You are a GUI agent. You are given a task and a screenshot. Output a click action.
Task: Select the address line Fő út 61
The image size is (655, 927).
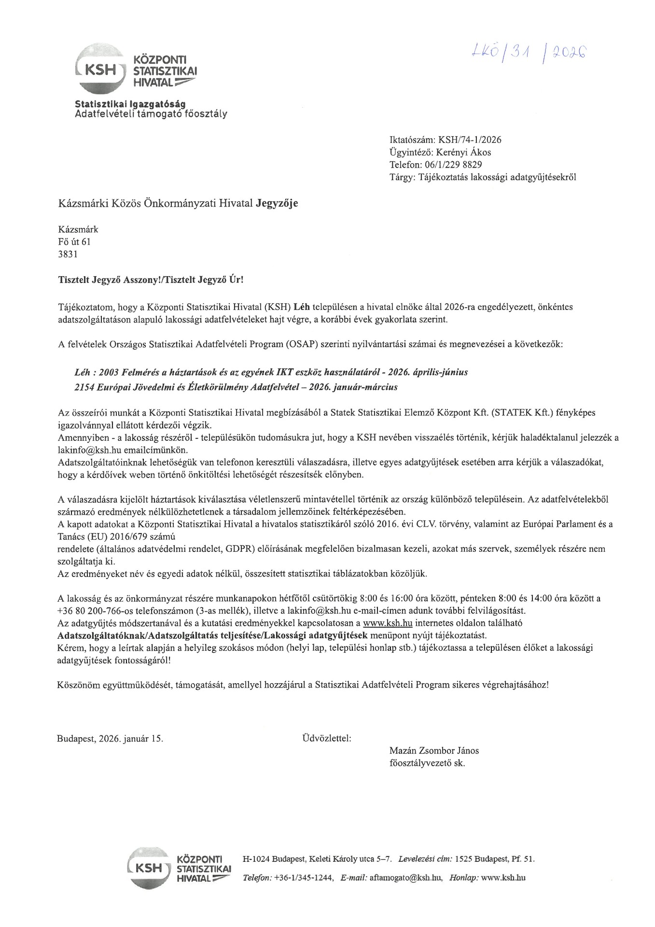[74, 242]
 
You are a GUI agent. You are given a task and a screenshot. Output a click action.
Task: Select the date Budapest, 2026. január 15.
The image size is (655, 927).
[110, 739]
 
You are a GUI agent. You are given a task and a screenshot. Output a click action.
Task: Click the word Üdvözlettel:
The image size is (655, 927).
[326, 738]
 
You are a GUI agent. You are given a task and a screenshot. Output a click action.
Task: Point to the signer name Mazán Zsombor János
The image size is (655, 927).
[434, 751]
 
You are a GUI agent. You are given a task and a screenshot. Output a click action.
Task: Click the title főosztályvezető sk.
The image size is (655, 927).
[427, 763]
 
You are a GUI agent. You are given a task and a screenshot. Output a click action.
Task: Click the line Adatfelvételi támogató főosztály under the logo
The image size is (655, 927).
[150, 114]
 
